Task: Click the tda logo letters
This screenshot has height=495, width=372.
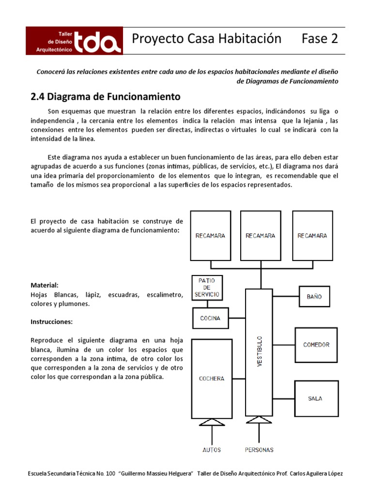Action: click(97, 41)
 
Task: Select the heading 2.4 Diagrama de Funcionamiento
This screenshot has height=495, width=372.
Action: click(106, 97)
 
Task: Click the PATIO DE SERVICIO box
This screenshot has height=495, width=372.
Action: click(207, 287)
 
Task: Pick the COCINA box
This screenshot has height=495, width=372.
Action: click(210, 319)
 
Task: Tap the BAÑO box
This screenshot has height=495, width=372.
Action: click(314, 296)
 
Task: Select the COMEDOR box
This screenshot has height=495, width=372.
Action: click(316, 345)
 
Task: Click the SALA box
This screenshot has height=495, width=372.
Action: click(315, 398)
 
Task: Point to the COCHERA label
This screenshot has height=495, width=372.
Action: click(212, 379)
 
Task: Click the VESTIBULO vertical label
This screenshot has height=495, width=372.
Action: click(259, 350)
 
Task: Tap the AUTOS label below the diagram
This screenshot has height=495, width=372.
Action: click(211, 450)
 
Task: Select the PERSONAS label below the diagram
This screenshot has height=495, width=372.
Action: click(259, 450)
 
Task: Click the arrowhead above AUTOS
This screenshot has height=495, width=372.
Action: click(212, 423)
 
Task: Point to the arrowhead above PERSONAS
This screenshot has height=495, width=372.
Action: click(259, 423)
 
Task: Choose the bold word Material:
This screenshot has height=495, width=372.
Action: click(45, 285)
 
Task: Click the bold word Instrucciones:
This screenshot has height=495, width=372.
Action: click(52, 321)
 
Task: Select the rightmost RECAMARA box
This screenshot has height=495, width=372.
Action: click(312, 235)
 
